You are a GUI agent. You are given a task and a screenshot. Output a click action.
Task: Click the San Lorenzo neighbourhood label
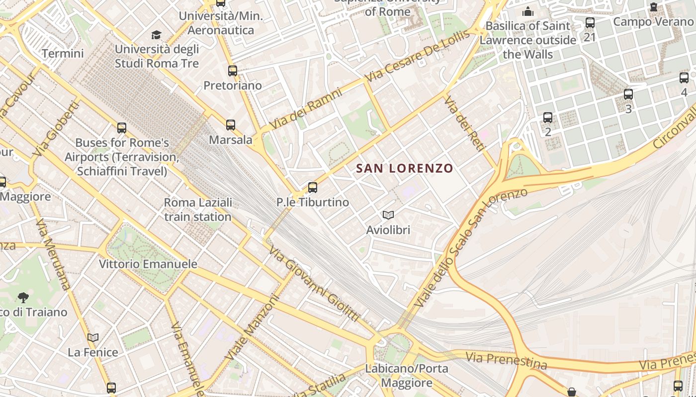point(405,168)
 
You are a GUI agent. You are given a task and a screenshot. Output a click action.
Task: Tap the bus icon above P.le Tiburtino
point(313,188)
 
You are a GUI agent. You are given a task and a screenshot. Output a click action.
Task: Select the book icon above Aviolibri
point(388,215)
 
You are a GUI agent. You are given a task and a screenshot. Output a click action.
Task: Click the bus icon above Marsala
point(231,125)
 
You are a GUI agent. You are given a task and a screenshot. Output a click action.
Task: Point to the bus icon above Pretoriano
point(233,70)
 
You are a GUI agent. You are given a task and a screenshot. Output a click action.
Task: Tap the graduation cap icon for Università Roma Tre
point(157,35)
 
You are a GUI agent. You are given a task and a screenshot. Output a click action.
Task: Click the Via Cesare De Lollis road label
point(417,57)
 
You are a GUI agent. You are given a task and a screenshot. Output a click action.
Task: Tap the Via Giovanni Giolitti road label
point(314,283)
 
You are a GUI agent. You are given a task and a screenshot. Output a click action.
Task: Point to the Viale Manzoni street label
point(253,328)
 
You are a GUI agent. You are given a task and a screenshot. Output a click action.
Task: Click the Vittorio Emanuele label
point(148,264)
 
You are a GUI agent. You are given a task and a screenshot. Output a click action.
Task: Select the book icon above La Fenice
point(93,337)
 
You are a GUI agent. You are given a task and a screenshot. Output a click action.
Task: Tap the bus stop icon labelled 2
point(548,118)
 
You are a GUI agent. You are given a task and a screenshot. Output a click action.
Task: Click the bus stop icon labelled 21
point(590,23)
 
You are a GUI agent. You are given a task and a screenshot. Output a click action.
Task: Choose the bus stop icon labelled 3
point(628,94)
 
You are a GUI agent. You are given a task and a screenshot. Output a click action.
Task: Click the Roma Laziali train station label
point(198,209)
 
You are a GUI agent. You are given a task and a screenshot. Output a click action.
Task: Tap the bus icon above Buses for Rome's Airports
point(122,128)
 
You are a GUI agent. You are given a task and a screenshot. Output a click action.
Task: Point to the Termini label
point(63,54)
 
